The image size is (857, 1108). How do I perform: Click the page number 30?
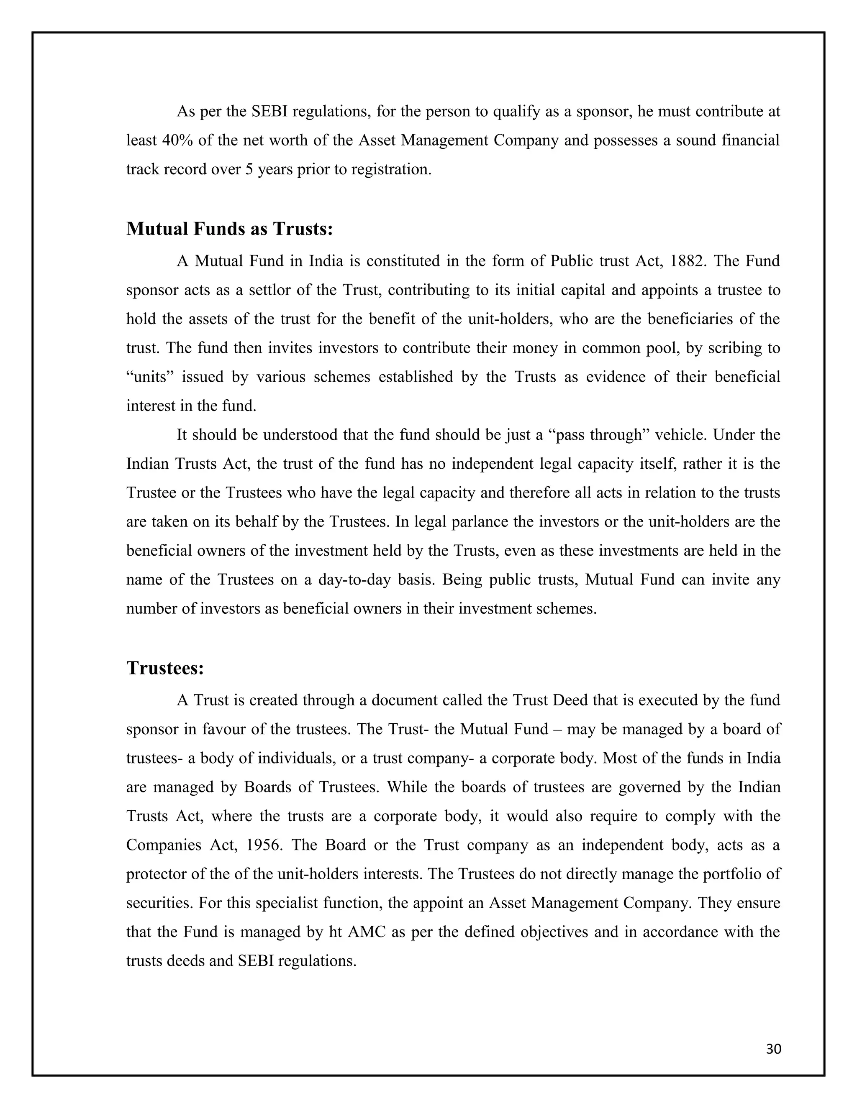(773, 1049)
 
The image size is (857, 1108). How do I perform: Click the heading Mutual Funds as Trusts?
(229, 229)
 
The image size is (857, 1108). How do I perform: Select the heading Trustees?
(165, 668)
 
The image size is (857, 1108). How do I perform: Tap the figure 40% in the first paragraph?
(177, 140)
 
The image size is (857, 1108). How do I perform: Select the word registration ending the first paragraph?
(391, 169)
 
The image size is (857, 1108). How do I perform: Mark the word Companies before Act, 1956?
(163, 845)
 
